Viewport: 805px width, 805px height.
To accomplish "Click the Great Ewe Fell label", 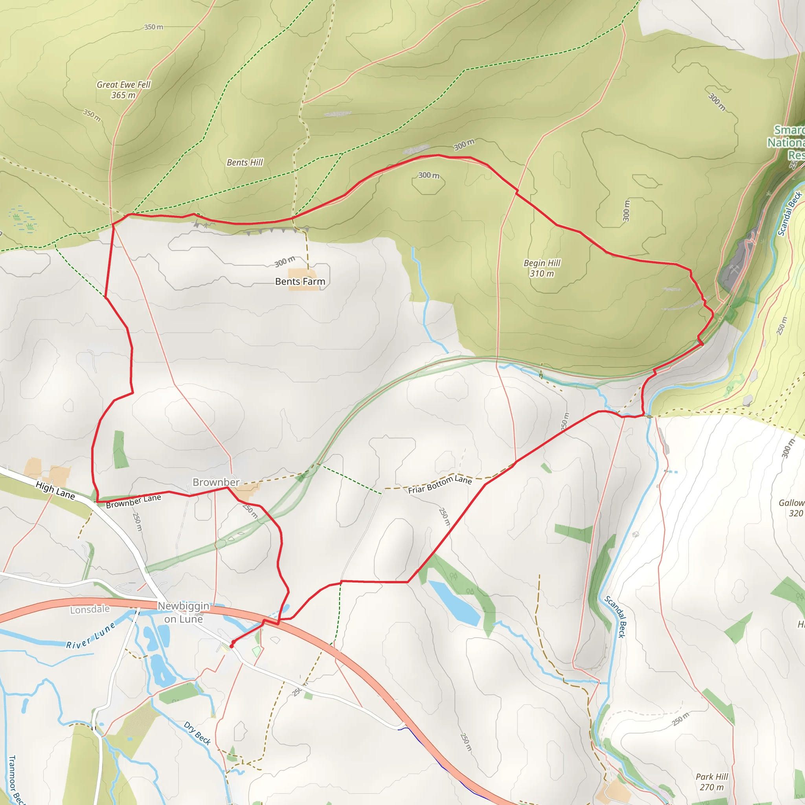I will coord(123,90).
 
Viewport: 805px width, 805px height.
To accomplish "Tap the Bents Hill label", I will coord(244,162).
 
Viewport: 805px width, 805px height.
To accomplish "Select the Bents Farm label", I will coord(300,282).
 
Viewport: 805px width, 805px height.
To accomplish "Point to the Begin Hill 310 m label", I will coord(542,268).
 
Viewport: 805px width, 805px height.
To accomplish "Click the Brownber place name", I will coord(216,482).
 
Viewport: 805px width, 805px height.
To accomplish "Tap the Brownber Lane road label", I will coord(133,501).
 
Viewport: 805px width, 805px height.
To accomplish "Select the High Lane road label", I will coord(55,491).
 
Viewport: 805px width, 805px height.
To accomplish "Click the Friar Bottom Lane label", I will coord(439,485).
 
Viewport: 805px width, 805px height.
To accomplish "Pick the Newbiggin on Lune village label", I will coord(183,612).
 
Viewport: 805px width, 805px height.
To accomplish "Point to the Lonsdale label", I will coord(90,610).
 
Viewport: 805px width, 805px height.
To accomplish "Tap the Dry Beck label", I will coord(197,733).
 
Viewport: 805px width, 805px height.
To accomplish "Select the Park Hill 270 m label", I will coord(712,782).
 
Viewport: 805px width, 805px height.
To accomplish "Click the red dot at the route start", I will coord(232,646).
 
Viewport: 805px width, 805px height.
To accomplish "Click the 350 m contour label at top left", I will coord(154,27).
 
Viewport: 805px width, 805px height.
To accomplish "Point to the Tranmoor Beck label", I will coord(15,779).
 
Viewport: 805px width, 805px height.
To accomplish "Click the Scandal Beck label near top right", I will coord(790,213).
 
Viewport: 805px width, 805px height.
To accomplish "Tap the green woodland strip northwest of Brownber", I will coord(120,450).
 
